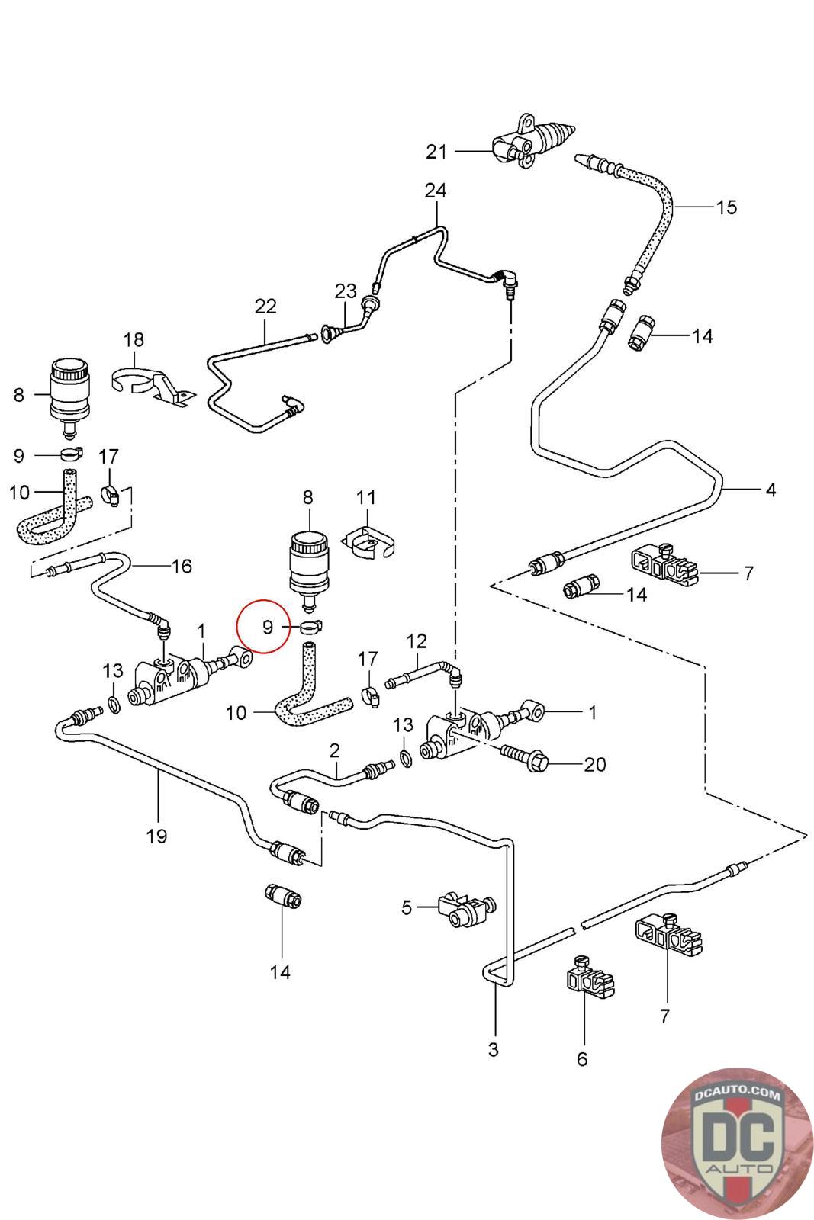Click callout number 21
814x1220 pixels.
(x=436, y=152)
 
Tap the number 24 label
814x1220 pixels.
(x=436, y=190)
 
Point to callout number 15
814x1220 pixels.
(x=726, y=207)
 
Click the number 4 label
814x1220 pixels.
(x=771, y=490)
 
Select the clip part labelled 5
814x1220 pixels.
(x=462, y=907)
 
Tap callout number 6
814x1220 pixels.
(x=582, y=1058)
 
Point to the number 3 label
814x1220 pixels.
(x=494, y=1049)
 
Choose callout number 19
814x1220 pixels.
(x=156, y=836)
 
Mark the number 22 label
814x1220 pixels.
(x=265, y=307)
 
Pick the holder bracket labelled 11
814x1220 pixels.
(x=371, y=540)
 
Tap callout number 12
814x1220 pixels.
(x=417, y=640)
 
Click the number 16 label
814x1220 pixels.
(x=182, y=567)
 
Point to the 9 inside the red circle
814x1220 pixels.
(x=268, y=628)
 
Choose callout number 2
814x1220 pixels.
(x=334, y=750)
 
